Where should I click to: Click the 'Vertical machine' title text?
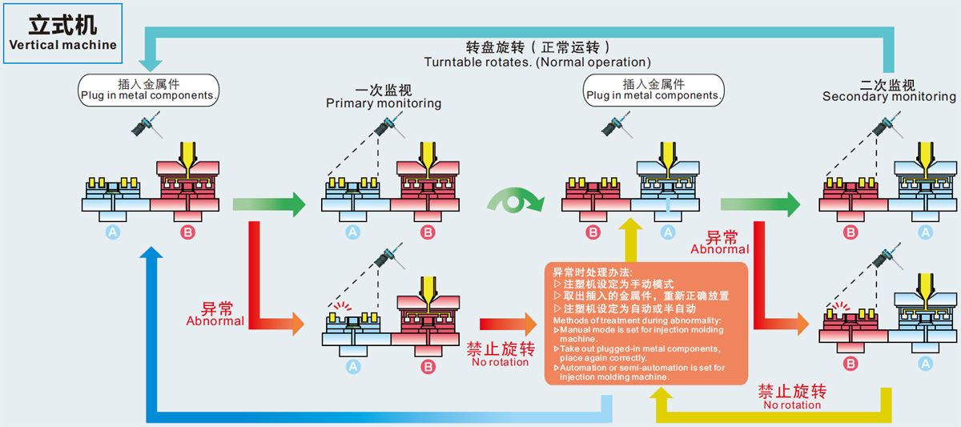[62, 45]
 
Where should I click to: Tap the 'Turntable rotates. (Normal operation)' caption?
[537, 62]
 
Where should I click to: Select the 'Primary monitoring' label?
[383, 103]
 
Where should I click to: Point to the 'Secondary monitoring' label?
[889, 97]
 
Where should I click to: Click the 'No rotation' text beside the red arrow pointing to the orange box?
[500, 361]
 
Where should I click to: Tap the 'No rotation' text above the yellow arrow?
[792, 405]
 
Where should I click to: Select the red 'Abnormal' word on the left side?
[215, 320]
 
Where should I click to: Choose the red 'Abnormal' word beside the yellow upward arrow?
[720, 248]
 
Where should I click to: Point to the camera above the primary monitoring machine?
[389, 126]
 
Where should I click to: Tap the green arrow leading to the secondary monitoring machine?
[760, 204]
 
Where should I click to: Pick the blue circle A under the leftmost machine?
[113, 232]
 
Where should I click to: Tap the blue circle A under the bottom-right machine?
[925, 363]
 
